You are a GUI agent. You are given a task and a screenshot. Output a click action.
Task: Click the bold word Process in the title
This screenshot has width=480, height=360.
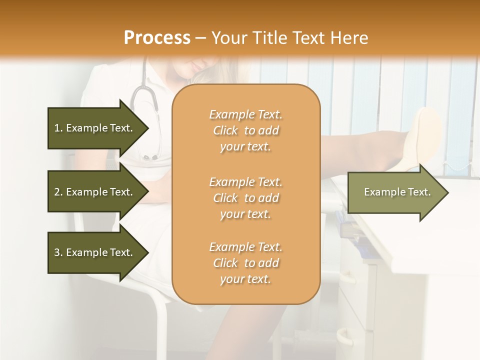pos(157,37)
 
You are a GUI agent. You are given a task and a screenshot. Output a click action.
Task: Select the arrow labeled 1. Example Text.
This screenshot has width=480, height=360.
pos(95,128)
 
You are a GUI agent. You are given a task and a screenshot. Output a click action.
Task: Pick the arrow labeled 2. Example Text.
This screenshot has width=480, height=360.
pos(95,192)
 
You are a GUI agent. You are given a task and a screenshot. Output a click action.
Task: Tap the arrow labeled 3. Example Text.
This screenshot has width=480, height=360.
pos(95,252)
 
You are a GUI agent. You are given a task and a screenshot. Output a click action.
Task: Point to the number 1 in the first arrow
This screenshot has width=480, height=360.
pos(57,128)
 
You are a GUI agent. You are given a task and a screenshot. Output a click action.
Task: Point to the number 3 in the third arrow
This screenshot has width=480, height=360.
pos(57,252)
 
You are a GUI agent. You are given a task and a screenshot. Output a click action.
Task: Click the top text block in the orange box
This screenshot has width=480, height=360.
pos(245,130)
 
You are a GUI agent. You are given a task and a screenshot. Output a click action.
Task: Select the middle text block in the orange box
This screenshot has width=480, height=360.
pos(245,198)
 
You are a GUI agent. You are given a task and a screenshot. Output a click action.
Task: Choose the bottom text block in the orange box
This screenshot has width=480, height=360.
pos(245,263)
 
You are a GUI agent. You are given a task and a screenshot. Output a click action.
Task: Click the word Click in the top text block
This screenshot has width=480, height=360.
pos(225,131)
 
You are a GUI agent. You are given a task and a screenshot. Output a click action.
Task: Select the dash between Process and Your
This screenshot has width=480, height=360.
pos(200,38)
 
